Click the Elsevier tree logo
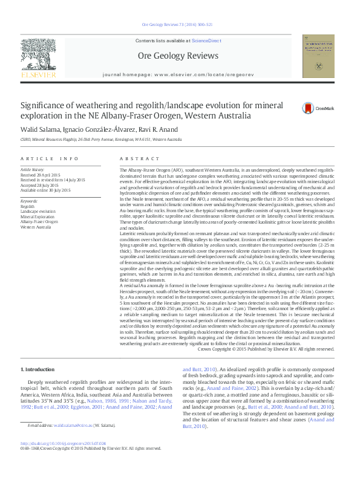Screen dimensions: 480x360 pos(38,59)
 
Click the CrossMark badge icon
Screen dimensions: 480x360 pos(309,108)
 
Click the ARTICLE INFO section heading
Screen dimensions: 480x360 pos(50,158)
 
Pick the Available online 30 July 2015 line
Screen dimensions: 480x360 pos(46,190)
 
